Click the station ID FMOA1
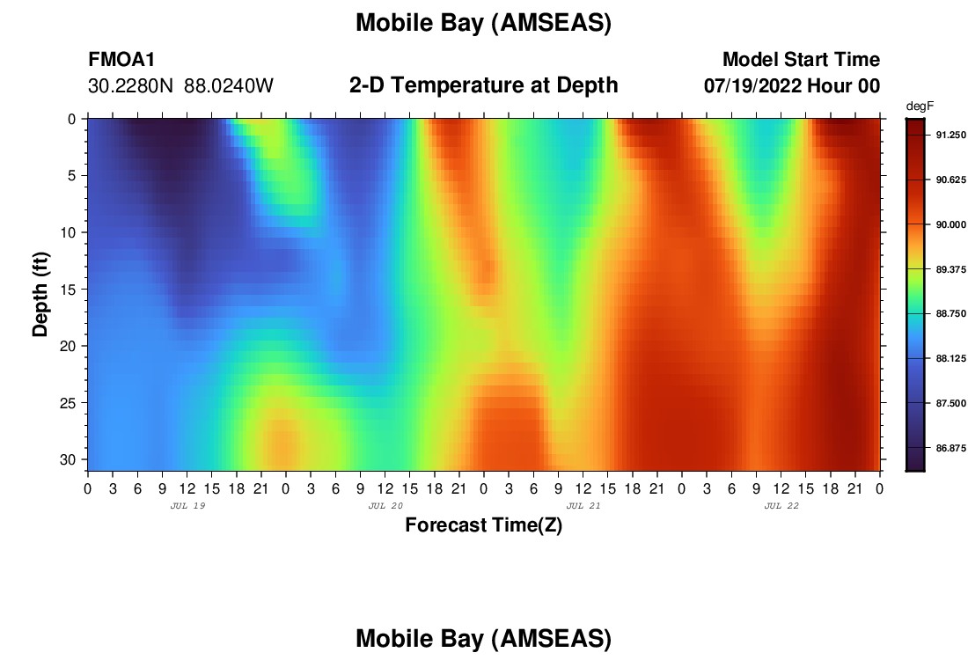(x=121, y=60)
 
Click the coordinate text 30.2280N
(x=131, y=86)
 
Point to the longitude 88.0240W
(x=229, y=86)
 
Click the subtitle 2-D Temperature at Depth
(x=483, y=85)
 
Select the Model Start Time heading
(x=802, y=60)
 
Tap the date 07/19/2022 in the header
(x=752, y=86)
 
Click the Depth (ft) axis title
(x=40, y=294)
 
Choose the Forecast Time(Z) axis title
(x=483, y=525)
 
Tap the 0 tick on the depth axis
(x=71, y=119)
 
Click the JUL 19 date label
(x=187, y=506)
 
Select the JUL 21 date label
(x=583, y=506)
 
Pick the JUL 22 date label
(x=781, y=506)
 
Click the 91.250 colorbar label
(x=950, y=136)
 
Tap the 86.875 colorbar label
(x=950, y=448)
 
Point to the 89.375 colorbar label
(x=950, y=270)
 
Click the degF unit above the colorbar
(x=920, y=107)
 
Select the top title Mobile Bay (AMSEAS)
(x=483, y=24)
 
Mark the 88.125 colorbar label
(x=950, y=359)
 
